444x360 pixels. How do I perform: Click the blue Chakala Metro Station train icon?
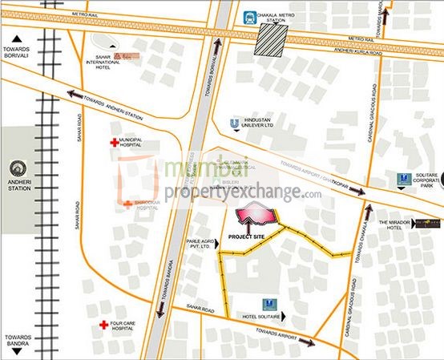251,15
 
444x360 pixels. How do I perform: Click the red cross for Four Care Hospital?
103,326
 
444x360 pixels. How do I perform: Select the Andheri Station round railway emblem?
18,169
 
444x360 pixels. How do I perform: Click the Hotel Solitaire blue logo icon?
273,305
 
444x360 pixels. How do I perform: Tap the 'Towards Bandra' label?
17,340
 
